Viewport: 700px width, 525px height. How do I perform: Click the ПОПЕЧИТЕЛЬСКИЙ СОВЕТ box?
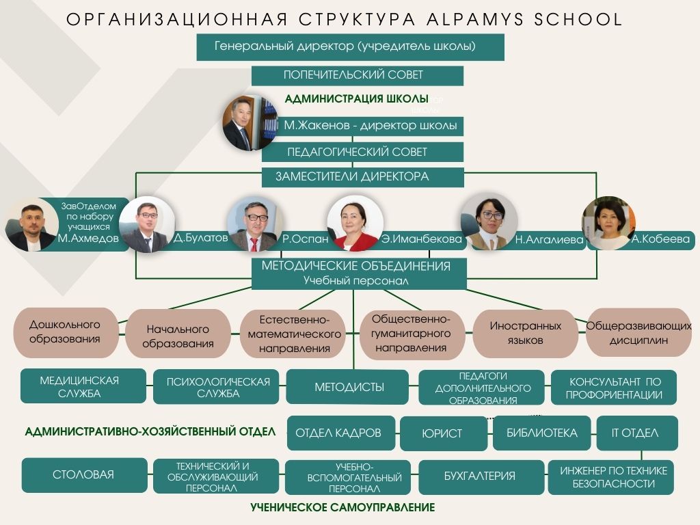coord(357,75)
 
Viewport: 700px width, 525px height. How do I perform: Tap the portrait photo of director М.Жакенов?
coord(250,122)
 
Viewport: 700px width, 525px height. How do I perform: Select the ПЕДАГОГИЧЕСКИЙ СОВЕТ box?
coord(362,152)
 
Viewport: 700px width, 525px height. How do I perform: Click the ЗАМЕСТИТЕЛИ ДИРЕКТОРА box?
coord(362,177)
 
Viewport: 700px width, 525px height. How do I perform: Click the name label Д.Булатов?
coord(200,237)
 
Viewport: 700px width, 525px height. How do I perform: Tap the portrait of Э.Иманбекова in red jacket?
coord(355,224)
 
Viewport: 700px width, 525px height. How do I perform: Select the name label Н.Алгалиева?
coord(549,240)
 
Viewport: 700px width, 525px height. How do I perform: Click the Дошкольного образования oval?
coord(66,332)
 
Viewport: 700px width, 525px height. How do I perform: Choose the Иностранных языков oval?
coord(526,334)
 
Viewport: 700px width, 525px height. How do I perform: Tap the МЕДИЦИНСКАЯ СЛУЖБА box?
coord(83,386)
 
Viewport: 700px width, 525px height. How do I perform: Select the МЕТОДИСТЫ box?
coord(347,387)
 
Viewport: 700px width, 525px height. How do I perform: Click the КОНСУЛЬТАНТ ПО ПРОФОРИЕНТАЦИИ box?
coord(614,388)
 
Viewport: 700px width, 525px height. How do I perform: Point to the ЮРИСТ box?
coord(443,433)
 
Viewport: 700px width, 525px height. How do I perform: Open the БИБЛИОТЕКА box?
coord(542,433)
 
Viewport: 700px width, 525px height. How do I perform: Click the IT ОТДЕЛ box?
coord(637,433)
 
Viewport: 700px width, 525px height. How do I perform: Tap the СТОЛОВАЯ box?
coord(84,475)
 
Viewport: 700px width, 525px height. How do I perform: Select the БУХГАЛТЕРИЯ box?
coord(481,476)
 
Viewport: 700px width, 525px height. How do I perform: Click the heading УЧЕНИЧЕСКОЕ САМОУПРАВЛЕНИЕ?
coord(343,508)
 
